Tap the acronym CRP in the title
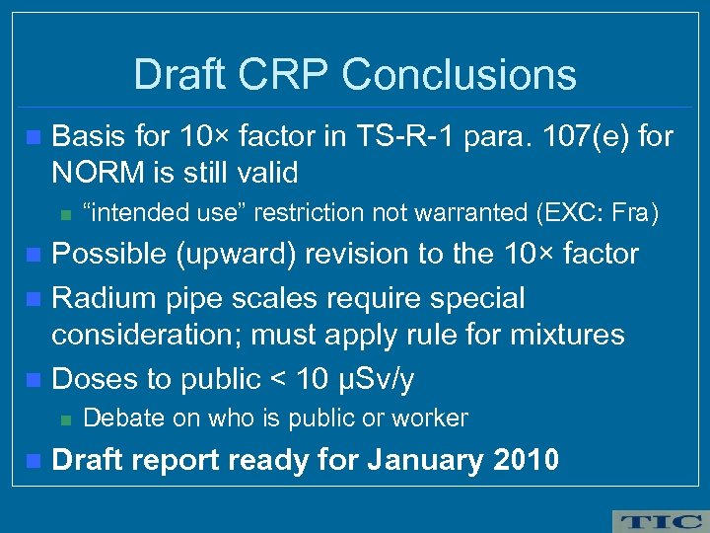pyautogui.click(x=290, y=75)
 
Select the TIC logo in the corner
pyautogui.click(x=659, y=520)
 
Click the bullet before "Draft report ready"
pyautogui.click(x=35, y=460)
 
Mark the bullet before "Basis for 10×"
pyautogui.click(x=35, y=136)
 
